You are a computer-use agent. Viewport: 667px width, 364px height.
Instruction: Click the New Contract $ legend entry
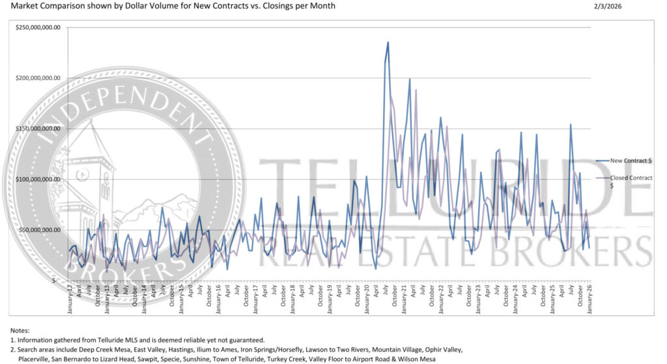pos(632,160)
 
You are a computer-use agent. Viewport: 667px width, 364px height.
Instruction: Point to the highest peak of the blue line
pos(388,42)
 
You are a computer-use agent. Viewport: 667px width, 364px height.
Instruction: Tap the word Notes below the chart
pos(20,331)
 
